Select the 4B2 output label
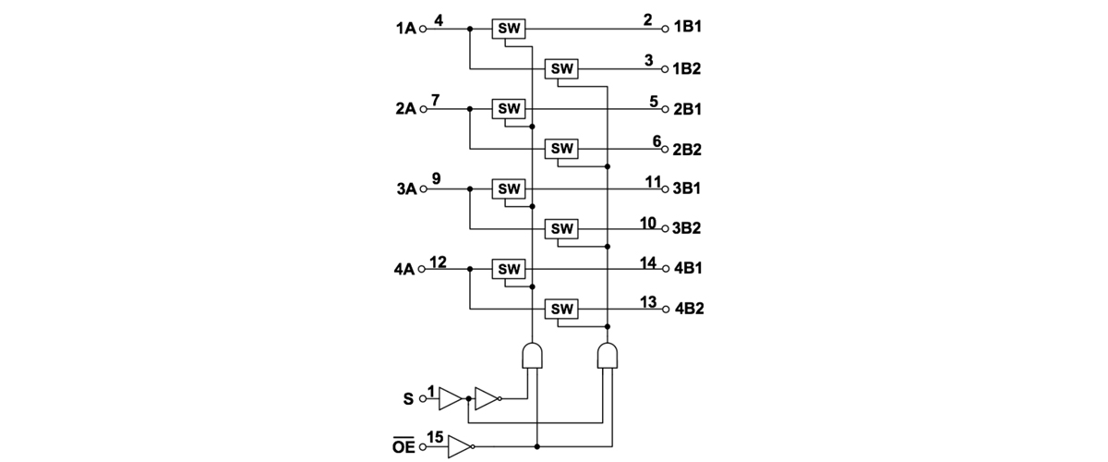point(690,308)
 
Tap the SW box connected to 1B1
point(509,29)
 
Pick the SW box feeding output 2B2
point(561,148)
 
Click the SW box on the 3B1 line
point(509,188)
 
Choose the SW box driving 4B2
point(561,308)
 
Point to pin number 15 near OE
point(436,436)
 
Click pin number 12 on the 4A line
point(438,261)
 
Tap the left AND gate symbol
point(532,355)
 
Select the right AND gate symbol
point(607,355)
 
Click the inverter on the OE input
point(460,447)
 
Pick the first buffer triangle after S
point(450,399)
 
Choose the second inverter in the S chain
point(488,399)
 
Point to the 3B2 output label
point(688,227)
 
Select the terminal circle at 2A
point(424,109)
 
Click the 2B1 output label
point(688,109)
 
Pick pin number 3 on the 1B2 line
point(648,60)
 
